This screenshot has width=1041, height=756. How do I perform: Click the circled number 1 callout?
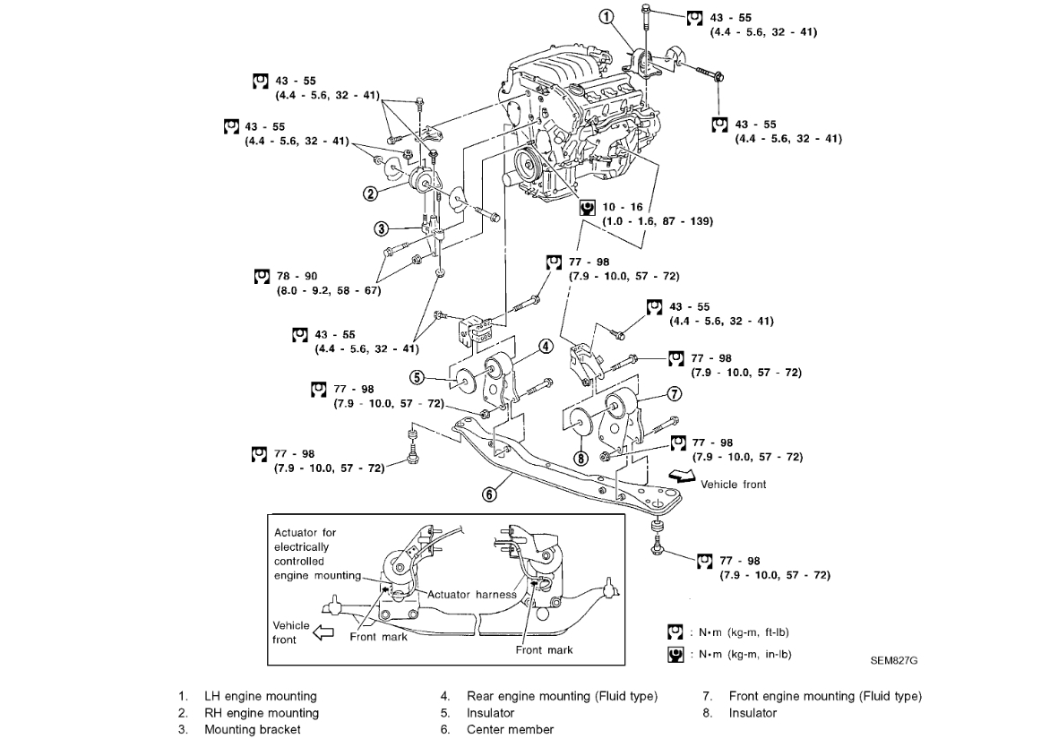pos(607,16)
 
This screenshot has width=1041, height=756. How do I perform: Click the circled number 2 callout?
pos(369,192)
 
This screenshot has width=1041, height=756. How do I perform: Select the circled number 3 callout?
pos(380,228)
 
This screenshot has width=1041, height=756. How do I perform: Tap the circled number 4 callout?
pos(546,347)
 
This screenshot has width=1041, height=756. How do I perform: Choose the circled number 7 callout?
pos(674,392)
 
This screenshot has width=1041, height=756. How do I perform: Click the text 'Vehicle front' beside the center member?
pos(733,485)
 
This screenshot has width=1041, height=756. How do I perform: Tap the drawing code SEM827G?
pos(893,661)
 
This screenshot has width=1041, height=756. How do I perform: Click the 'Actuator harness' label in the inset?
pos(472,594)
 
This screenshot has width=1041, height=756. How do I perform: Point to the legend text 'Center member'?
pos(510,729)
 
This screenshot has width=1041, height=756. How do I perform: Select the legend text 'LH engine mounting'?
pos(260,696)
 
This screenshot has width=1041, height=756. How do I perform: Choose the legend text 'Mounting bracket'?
pos(252,729)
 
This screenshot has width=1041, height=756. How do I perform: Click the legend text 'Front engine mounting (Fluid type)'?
pos(824,696)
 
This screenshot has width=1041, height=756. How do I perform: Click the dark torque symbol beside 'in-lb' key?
pos(676,654)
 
